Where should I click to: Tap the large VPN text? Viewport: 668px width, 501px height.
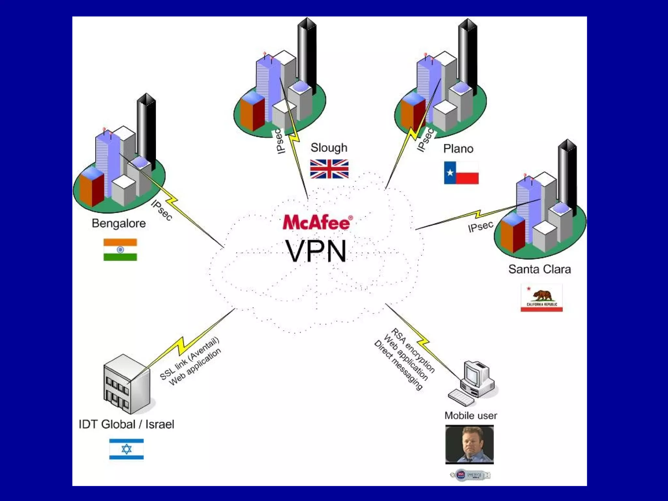tap(316, 251)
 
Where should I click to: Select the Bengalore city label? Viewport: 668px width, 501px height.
tap(119, 223)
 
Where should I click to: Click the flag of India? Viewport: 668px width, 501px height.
tap(120, 250)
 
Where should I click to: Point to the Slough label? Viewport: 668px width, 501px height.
tap(329, 148)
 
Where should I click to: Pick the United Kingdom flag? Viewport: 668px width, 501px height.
tap(329, 169)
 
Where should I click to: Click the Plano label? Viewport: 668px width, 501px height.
tap(458, 149)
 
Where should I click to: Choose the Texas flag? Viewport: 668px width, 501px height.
tap(461, 173)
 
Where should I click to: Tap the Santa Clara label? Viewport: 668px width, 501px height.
tap(539, 269)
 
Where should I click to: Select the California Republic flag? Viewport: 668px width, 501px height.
tap(541, 298)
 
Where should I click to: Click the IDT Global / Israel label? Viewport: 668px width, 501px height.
tap(126, 424)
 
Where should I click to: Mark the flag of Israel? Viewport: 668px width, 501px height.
tap(126, 449)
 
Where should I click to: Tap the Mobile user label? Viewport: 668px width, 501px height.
tap(471, 416)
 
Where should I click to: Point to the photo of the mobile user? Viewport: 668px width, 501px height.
tap(469, 444)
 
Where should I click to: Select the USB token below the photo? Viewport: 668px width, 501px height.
tap(470, 475)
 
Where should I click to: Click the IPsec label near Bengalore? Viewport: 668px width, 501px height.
tap(161, 210)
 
